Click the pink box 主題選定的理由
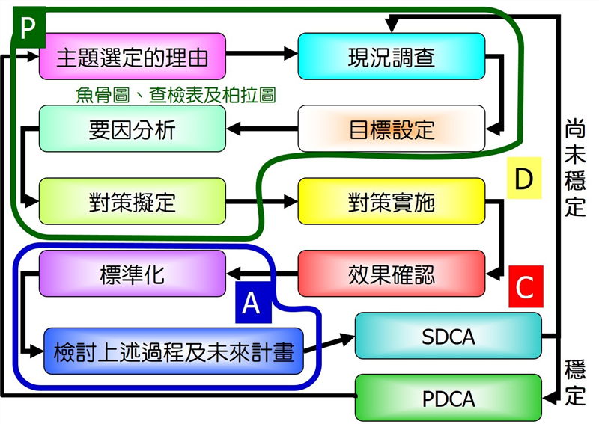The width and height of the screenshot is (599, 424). [133, 56]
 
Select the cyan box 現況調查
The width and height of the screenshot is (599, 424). [391, 56]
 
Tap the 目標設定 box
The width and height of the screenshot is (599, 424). [391, 129]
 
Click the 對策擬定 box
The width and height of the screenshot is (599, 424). [133, 201]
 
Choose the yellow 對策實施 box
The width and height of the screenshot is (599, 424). [391, 201]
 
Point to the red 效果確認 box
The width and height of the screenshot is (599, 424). [391, 274]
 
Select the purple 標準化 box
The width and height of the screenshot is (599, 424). [133, 274]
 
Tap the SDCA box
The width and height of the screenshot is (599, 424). [448, 336]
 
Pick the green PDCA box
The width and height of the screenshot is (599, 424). [448, 397]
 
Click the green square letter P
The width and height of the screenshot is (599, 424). [28, 28]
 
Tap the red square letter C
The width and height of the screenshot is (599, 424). [525, 286]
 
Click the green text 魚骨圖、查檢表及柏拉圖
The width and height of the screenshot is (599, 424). [176, 95]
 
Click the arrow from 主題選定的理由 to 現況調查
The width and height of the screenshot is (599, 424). [261, 54]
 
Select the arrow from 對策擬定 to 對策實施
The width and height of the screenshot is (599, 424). [261, 201]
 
